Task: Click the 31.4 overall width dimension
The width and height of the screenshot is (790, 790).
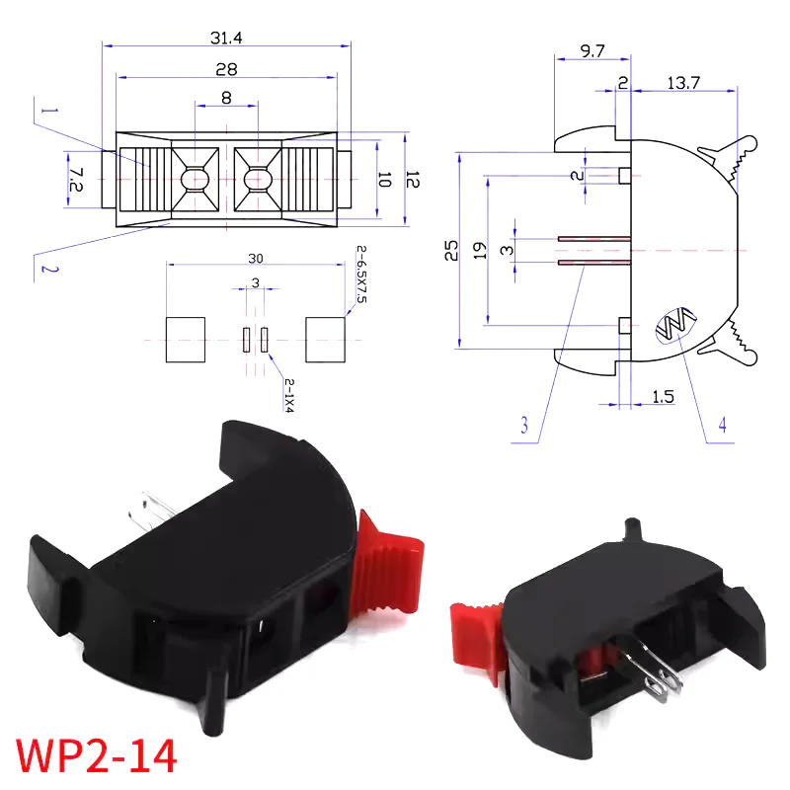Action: click(226, 38)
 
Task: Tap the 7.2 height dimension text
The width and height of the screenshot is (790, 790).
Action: click(75, 180)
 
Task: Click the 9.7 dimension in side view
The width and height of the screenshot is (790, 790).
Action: click(592, 51)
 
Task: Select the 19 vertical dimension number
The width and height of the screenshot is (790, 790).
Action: click(481, 250)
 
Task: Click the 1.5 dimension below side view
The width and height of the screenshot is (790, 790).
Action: click(664, 397)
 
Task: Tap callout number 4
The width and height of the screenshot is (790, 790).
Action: click(722, 426)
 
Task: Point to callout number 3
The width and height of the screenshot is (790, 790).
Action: click(525, 426)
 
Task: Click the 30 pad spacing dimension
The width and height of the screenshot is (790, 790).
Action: click(255, 258)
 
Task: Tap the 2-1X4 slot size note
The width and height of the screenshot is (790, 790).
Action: click(289, 395)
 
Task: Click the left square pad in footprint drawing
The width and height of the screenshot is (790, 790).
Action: click(185, 340)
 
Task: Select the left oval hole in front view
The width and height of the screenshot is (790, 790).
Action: click(195, 181)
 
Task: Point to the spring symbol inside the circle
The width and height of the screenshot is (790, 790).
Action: click(678, 322)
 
